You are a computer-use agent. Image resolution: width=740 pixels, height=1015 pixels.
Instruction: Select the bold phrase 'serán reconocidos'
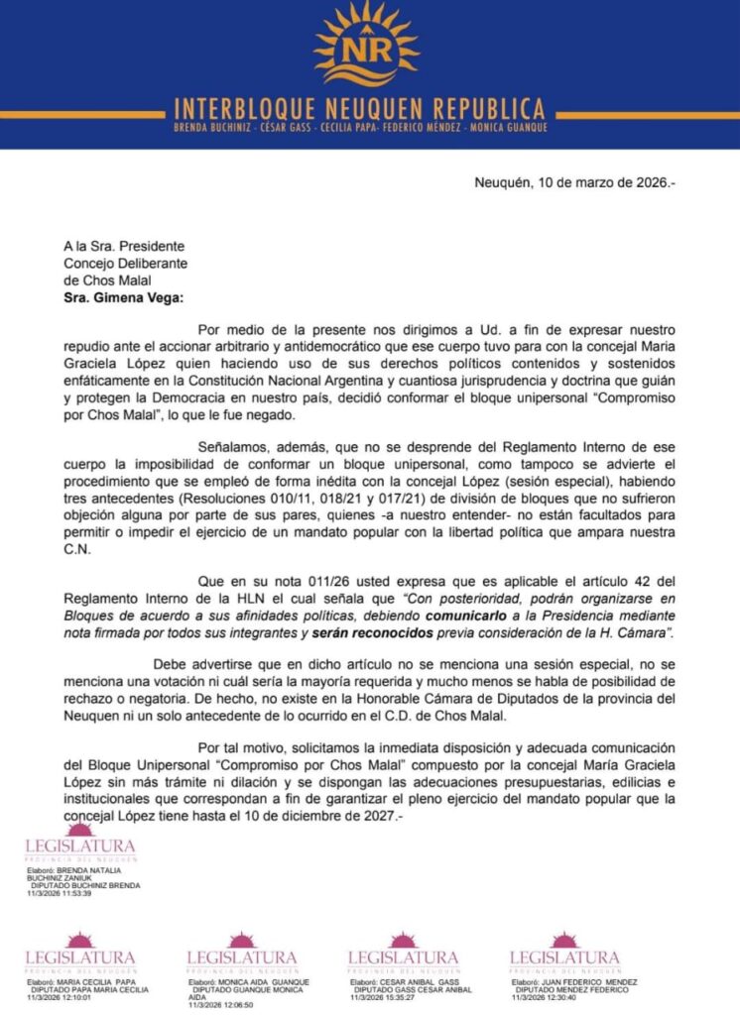click(x=366, y=631)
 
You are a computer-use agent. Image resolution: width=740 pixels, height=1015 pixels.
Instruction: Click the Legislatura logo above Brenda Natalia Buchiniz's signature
click(x=79, y=846)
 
